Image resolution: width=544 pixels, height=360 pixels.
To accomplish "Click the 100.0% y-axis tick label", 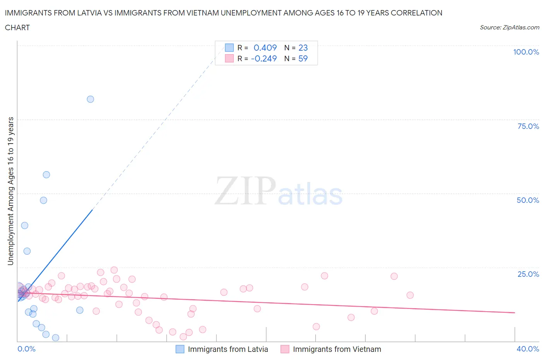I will coord(526,52).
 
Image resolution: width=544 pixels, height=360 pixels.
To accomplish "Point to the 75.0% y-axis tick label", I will coord(528,126).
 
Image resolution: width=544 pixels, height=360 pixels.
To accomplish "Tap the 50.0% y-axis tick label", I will coord(528,200).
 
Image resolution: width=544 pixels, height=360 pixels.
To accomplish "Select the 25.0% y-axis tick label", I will coord(528,274).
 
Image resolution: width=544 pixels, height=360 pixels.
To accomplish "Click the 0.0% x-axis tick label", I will coord(26,349).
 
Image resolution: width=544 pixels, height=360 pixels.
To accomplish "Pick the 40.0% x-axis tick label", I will coord(528,349).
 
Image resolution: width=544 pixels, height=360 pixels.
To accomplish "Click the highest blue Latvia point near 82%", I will coord(90,99).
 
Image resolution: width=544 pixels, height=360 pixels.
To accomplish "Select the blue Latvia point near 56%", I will coord(46,175).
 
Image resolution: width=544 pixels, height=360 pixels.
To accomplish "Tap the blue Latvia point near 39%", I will coord(25,225).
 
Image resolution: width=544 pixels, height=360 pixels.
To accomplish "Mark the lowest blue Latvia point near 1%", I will coord(56,338).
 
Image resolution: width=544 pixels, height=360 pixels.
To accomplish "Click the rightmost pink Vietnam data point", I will coord(410,295).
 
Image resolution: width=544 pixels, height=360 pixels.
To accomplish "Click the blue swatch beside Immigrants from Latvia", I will coord(180,349).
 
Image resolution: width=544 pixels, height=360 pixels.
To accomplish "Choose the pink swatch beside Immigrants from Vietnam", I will coord(285,349).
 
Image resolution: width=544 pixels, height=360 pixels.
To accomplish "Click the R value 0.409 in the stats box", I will coord(265,48).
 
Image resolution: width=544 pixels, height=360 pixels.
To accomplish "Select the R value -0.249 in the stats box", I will coord(264,58).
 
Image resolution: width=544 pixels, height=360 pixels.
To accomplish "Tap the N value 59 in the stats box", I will coord(303,58).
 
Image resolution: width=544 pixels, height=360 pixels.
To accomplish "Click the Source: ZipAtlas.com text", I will coord(509,27).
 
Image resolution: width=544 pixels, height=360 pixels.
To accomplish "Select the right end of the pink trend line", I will coord(515,312).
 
